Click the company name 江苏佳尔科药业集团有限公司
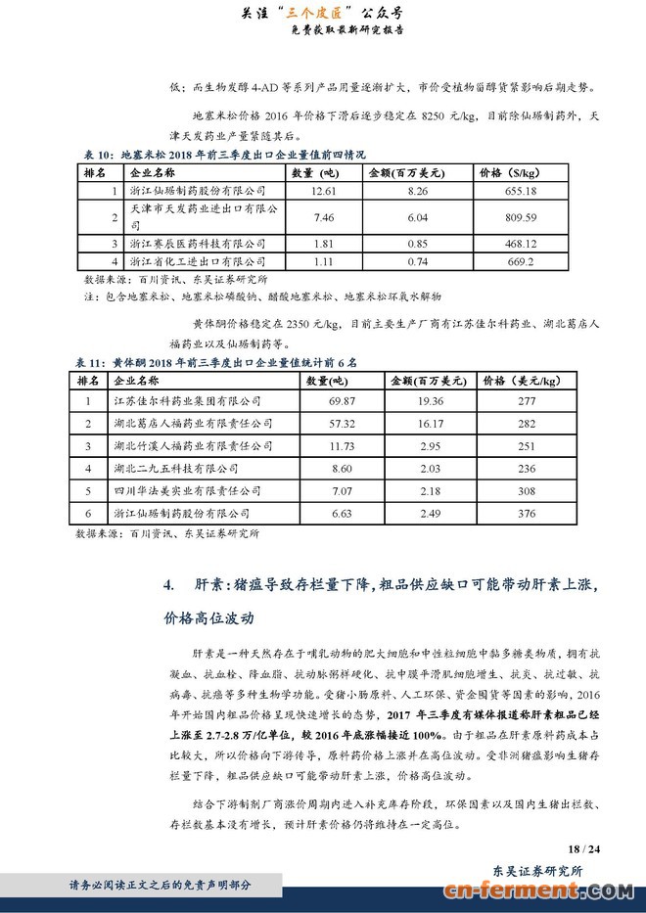coord(188,400)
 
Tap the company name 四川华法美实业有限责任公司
coord(188,489)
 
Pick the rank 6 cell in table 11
coord(88,512)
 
